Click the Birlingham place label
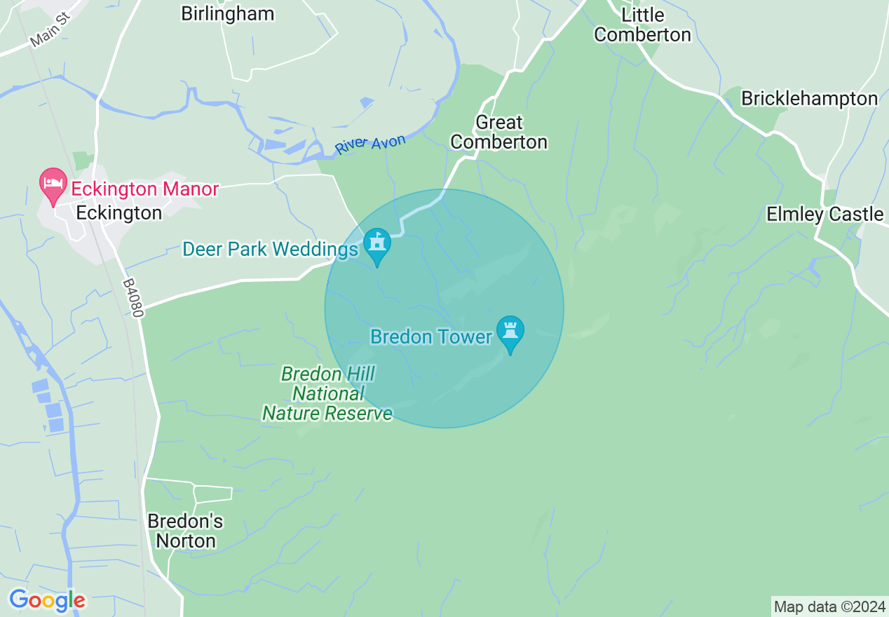[227, 13]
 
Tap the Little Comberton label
[642, 25]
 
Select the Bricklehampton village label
[809, 99]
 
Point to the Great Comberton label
[498, 132]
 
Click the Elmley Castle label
[824, 214]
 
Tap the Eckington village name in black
[118, 212]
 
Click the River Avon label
[369, 144]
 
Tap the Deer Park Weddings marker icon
[377, 245]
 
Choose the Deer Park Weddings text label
[270, 249]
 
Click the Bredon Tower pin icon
[510, 332]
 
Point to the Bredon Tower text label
[431, 337]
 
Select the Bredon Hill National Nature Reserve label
[327, 393]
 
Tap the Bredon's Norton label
[185, 531]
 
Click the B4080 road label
[133, 299]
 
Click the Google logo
[47, 600]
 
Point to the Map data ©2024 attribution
[829, 606]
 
